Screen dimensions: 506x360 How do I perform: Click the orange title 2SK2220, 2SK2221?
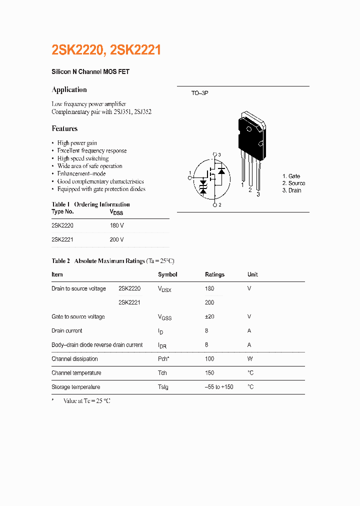(106, 50)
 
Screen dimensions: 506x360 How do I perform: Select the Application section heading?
(69, 90)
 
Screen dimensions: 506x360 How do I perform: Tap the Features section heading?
(64, 128)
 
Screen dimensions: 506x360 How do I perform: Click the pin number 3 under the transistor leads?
(258, 194)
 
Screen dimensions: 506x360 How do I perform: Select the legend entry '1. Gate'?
(291, 176)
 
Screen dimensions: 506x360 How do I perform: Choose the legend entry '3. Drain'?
(291, 190)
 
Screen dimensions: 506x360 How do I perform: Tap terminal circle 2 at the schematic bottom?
(215, 205)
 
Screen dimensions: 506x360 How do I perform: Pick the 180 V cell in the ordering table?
(116, 225)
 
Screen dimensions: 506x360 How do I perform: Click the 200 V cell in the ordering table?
(116, 239)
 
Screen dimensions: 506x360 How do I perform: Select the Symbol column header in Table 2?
(167, 274)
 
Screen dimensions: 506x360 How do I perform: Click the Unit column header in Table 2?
(252, 274)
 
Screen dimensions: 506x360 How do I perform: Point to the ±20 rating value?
(210, 316)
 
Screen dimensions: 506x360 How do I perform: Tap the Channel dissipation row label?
(74, 359)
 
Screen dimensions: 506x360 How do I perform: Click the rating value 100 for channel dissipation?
(209, 359)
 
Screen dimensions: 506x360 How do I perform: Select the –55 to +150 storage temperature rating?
(219, 387)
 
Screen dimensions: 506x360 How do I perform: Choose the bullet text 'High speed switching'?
(82, 158)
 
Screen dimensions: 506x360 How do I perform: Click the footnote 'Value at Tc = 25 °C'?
(86, 401)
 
